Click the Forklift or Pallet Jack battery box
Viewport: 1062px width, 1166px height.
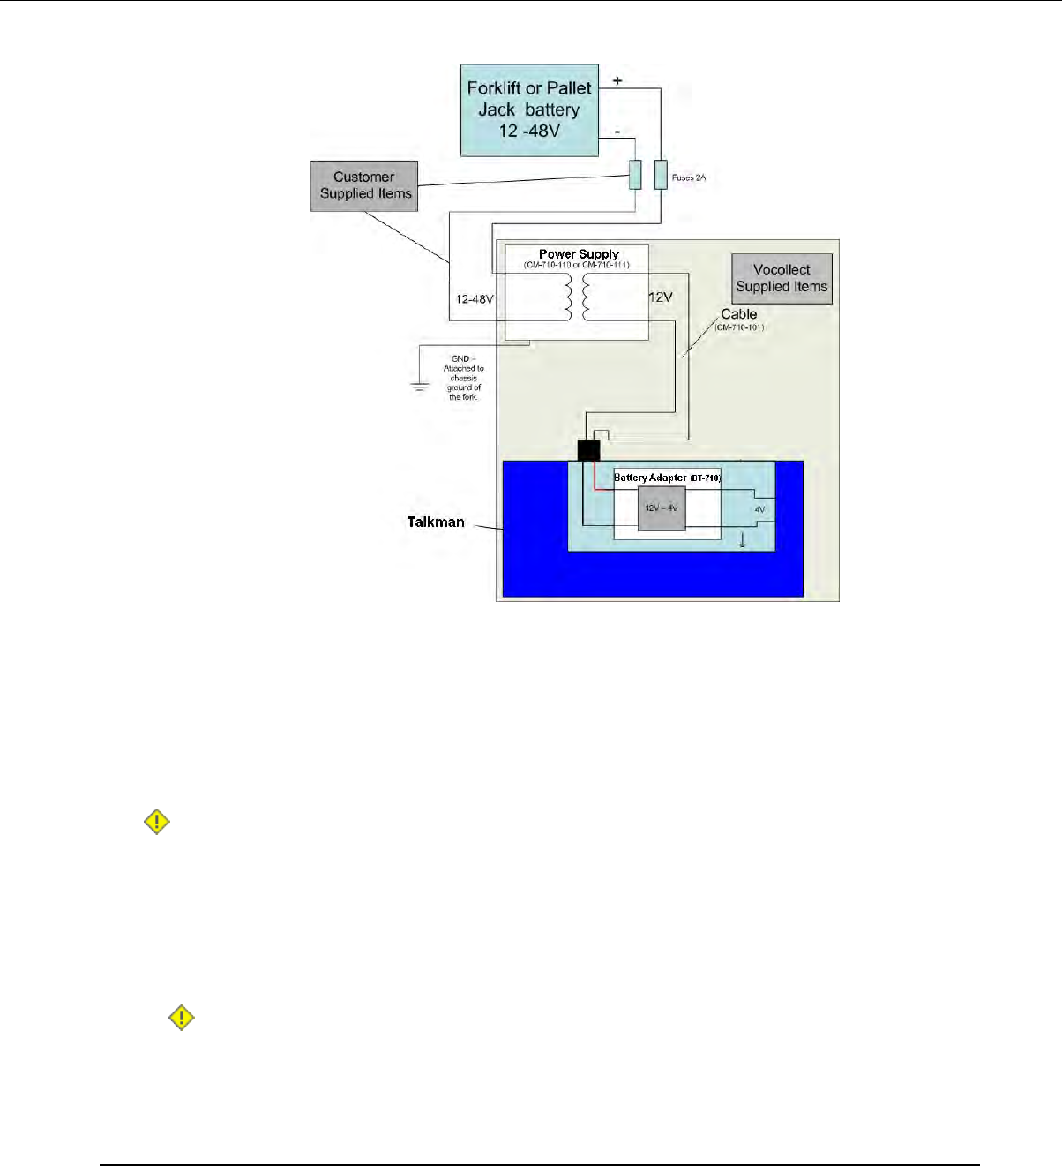pos(529,110)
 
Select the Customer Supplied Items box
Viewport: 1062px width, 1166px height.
pos(364,185)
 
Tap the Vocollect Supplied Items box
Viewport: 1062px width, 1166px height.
pos(782,278)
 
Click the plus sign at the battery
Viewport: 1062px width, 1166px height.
pos(617,81)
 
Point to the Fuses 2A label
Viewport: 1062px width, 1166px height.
pos(689,177)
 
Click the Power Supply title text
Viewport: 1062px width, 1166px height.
pos(579,254)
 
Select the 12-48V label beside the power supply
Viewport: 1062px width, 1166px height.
pos(475,299)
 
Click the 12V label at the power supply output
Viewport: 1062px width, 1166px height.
pos(661,297)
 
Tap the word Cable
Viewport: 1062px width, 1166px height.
pos(739,314)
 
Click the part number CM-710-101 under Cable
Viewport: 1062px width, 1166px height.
pos(739,327)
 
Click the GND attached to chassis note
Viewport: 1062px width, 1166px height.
pos(463,378)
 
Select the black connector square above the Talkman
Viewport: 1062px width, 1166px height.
pos(588,449)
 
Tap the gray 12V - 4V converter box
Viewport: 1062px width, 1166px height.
pos(662,508)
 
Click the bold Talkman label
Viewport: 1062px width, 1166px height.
pos(436,522)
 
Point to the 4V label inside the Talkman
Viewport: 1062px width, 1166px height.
pos(759,509)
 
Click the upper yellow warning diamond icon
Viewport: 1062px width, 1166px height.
pos(157,823)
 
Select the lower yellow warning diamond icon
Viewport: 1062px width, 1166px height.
pos(182,1019)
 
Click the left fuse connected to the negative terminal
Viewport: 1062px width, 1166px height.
pos(635,175)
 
